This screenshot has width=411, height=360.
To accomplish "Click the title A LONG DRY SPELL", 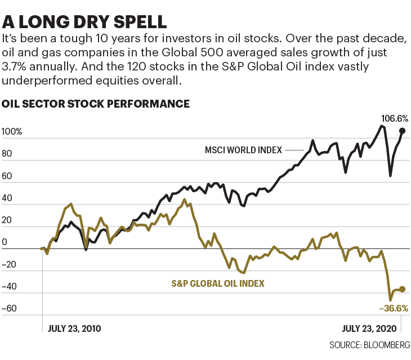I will coord(84,22).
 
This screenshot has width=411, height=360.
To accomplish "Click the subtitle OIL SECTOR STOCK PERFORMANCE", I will coord(96,104).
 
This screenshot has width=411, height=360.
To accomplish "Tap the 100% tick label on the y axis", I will coord(12,132).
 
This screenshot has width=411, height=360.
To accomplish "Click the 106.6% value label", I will coord(394,119).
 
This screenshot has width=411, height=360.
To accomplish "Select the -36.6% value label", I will coord(393,308).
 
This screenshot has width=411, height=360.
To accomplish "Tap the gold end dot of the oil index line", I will coord(402,289).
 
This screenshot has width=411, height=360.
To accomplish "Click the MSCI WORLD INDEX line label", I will coord(243,150).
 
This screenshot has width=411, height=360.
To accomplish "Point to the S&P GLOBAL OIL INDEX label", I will coord(218,283).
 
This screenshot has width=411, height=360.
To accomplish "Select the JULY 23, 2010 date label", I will coord(75,327).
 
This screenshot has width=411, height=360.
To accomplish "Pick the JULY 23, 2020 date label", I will coord(370,327).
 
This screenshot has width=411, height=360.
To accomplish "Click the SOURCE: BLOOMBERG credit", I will coord(369,344).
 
